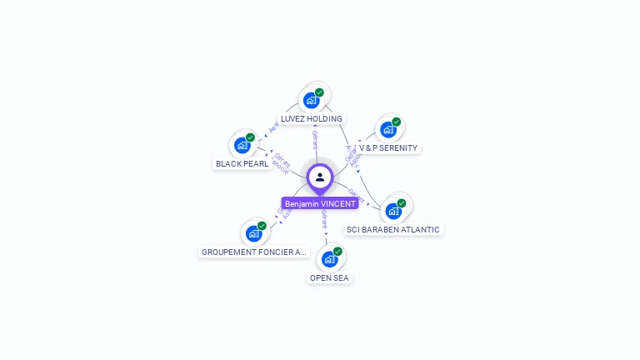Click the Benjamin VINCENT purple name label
click(x=320, y=203)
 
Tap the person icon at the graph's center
click(x=320, y=177)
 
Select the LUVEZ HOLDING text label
click(x=311, y=118)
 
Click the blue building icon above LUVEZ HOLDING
click(x=311, y=100)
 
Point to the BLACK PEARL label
click(x=242, y=163)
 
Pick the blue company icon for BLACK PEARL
click(x=242, y=145)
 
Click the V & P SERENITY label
click(x=388, y=147)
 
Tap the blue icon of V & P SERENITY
click(x=387, y=129)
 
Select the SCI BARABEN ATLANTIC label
click(x=392, y=229)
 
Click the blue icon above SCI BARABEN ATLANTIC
click(x=392, y=211)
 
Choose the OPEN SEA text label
click(x=329, y=277)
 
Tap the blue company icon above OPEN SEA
click(x=329, y=258)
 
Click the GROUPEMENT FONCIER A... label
click(x=254, y=252)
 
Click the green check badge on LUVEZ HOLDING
click(x=319, y=92)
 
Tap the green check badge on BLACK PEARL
click(x=250, y=137)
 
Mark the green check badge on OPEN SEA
click(x=337, y=251)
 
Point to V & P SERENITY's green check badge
click(x=396, y=122)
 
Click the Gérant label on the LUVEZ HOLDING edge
click(x=315, y=140)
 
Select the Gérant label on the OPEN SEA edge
click(x=324, y=219)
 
